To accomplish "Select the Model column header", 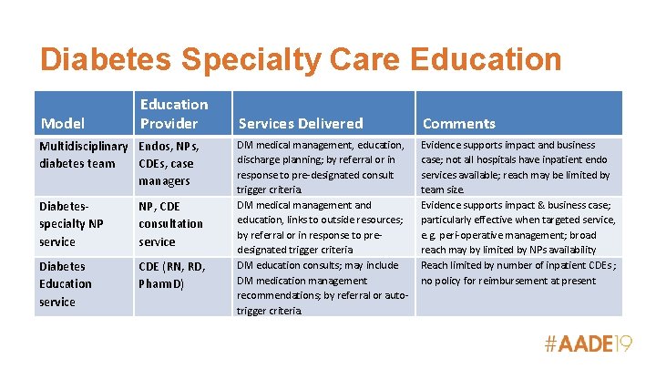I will tap(62, 123).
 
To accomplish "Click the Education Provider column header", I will tap(173, 114).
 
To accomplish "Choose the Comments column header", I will tap(459, 123).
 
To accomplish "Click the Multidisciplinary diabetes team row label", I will tap(82, 154).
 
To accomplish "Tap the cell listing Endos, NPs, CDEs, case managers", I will tap(169, 163).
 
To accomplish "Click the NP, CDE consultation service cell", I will tap(170, 224).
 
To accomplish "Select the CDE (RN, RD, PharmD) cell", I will tap(172, 274).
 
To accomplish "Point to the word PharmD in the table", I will tap(161, 283).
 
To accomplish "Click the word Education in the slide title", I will tap(487, 60).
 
